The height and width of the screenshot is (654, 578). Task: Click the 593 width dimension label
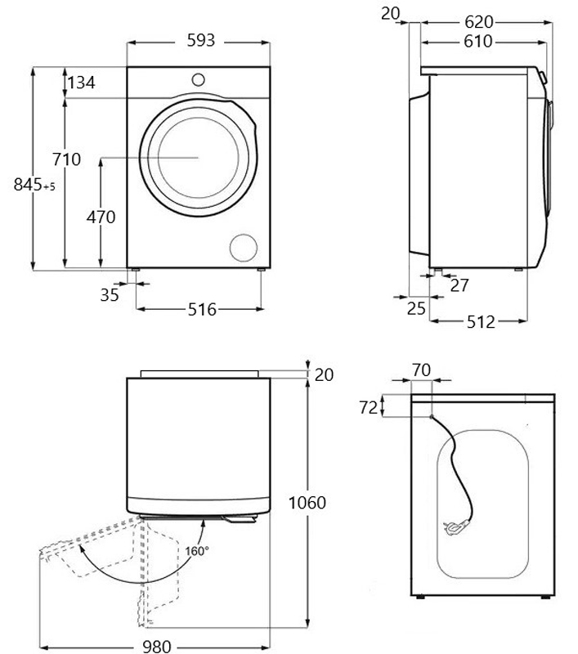tap(199, 39)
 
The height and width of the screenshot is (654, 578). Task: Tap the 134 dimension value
tap(81, 83)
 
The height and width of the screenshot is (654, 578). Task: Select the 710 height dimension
tap(65, 159)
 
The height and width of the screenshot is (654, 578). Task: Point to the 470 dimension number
tap(101, 217)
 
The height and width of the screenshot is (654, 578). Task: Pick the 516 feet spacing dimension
tap(201, 309)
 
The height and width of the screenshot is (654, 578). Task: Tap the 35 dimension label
tap(110, 294)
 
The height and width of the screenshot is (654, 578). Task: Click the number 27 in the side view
tap(459, 284)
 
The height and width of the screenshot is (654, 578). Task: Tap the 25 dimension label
tap(417, 308)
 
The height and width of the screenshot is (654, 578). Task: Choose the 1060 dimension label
tap(307, 502)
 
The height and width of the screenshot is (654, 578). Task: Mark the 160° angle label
tap(196, 550)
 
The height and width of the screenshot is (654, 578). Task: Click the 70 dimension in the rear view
tap(421, 370)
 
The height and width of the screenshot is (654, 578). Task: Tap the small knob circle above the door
tap(199, 79)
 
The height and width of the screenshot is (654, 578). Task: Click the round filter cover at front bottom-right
tap(243, 247)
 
